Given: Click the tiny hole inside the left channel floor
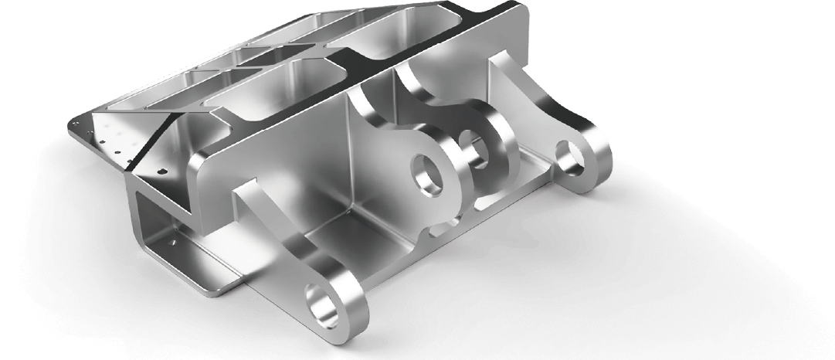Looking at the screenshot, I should tap(178, 242).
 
